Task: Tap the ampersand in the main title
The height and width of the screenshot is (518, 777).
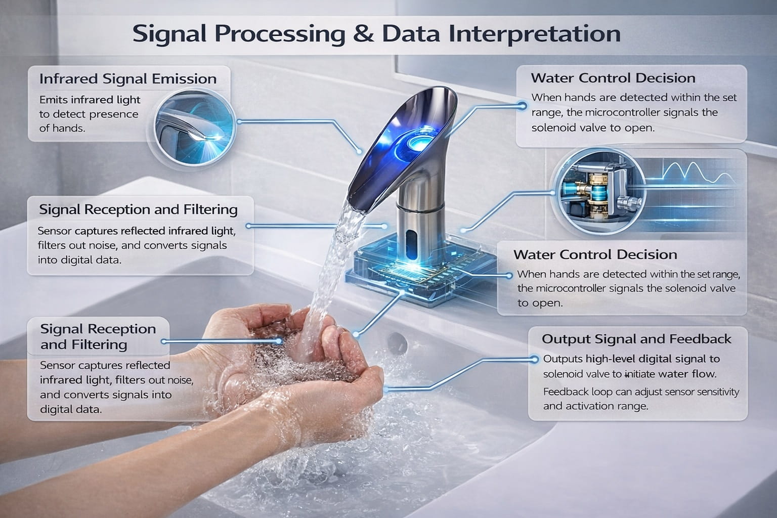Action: tap(364, 34)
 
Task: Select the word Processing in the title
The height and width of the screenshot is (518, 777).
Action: tap(280, 34)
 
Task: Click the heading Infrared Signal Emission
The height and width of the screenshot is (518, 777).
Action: tap(128, 79)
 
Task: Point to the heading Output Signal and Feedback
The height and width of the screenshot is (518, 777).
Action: tap(636, 339)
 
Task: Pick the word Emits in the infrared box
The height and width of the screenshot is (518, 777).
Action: tap(54, 100)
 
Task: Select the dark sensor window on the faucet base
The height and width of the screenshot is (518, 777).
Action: tap(411, 243)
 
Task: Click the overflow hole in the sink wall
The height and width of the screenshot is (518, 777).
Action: tap(397, 343)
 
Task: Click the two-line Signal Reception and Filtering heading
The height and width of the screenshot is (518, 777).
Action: tap(98, 336)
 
